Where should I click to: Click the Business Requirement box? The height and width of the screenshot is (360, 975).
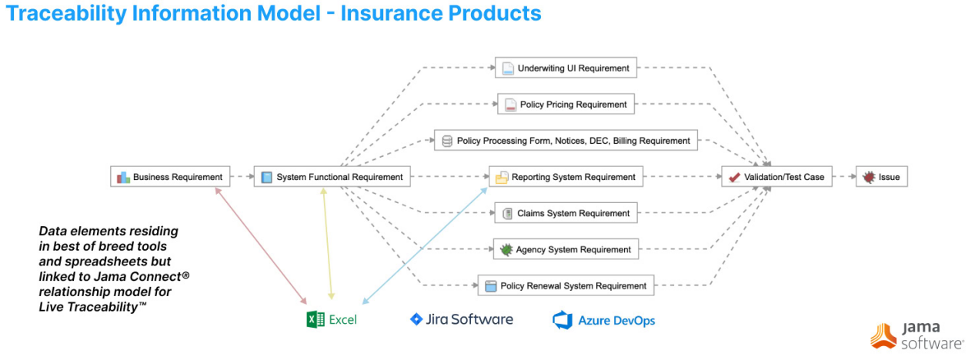(170, 177)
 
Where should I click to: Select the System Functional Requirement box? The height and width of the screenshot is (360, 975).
(332, 177)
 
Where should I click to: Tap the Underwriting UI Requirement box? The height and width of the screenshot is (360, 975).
(566, 68)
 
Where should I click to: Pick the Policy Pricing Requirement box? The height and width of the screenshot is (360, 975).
(566, 104)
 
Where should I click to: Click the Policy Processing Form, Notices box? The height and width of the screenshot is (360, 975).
(566, 141)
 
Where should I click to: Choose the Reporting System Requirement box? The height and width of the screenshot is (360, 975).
(566, 177)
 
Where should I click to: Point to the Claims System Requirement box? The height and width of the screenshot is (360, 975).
(566, 213)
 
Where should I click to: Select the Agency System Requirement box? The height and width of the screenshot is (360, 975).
(566, 249)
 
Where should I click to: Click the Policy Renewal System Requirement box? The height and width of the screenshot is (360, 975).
(566, 285)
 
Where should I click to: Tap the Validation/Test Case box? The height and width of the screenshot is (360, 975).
(776, 177)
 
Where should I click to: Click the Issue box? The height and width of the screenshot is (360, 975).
(881, 177)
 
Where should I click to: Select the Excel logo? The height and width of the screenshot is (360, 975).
(332, 319)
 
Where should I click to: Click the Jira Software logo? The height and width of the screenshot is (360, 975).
(461, 318)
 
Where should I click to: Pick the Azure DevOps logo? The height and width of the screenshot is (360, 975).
(603, 320)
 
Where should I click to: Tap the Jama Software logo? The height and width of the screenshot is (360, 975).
(917, 335)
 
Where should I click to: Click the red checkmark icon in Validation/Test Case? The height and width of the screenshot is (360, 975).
(734, 177)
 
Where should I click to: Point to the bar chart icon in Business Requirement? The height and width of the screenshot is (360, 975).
(123, 178)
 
